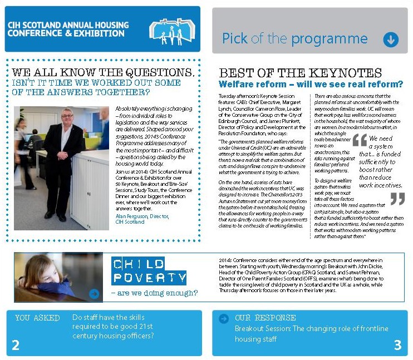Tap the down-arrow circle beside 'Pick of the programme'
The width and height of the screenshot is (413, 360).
point(391,39)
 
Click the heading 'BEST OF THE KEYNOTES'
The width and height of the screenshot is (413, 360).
point(300,73)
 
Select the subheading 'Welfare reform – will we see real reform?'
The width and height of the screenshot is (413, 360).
point(311,85)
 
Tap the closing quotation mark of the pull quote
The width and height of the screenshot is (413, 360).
point(397,199)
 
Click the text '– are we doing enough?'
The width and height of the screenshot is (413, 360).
point(154,293)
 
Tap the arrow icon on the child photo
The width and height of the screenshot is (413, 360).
point(94,293)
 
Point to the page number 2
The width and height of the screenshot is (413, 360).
point(16,346)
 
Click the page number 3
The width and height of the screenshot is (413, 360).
point(397,346)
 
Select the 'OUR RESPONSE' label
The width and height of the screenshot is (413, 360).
point(265,318)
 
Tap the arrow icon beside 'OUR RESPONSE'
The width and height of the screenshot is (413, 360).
point(224,318)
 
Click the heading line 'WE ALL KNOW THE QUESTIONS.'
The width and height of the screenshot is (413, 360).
point(104,73)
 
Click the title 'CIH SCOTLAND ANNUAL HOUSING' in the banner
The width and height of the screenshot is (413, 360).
point(68,25)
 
